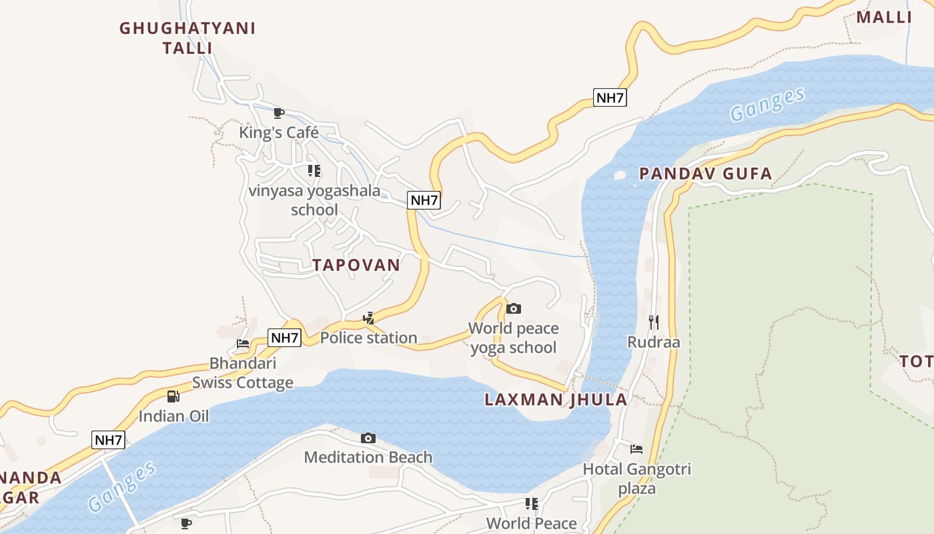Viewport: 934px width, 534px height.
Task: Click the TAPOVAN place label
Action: pos(356,265)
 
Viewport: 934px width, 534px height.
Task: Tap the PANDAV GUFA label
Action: pos(705,174)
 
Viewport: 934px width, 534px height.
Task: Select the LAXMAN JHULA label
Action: pos(556,400)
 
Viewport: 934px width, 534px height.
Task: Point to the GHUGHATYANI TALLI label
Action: pos(187,38)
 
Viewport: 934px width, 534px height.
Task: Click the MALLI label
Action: pos(883,17)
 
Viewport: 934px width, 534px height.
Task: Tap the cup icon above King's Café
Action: pos(279,113)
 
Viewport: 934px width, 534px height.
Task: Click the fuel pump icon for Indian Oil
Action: pos(173,396)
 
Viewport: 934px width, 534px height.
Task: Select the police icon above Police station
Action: pos(368,318)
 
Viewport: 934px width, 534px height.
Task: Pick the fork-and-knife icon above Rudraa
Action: pos(654,322)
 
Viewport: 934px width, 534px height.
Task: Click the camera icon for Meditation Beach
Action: pos(368,439)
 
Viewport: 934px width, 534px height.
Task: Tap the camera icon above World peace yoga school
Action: pos(513,308)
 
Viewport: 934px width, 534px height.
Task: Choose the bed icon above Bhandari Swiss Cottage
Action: pos(243,344)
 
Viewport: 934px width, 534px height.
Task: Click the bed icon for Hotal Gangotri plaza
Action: pos(636,449)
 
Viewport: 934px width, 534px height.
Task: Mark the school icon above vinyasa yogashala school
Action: pos(314,171)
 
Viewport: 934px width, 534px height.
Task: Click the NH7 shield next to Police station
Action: pos(285,338)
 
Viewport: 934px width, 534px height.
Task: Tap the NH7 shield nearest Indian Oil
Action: pos(108,440)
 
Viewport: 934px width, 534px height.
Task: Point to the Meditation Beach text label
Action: pos(368,457)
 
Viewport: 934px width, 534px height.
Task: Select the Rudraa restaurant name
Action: pos(654,342)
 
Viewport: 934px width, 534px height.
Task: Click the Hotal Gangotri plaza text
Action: pos(636,479)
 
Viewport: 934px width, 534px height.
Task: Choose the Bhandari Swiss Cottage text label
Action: pos(243,373)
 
